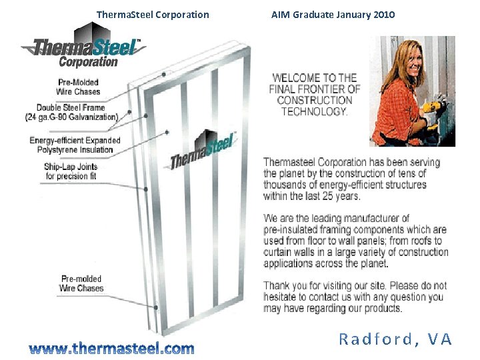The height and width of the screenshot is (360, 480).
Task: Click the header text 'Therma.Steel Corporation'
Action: [x=153, y=15]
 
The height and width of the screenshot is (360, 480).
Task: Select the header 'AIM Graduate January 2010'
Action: [x=333, y=15]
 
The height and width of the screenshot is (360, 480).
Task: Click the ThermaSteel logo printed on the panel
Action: [x=203, y=152]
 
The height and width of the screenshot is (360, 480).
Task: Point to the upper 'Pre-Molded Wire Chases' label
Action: [x=78, y=87]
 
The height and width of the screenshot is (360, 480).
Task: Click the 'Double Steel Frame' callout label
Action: [x=71, y=107]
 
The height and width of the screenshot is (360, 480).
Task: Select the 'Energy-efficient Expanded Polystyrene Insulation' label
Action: [x=75, y=145]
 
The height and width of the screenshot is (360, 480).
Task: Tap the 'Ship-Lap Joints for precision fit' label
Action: [x=71, y=171]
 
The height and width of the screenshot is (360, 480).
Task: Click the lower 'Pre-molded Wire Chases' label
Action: [x=81, y=283]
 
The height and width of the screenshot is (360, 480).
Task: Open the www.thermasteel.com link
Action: [x=111, y=348]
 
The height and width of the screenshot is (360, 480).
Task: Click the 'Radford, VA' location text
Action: [x=395, y=339]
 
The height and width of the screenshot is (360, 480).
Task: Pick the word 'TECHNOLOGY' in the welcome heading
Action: [x=315, y=111]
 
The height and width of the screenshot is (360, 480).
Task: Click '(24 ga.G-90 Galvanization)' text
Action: [x=71, y=117]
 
